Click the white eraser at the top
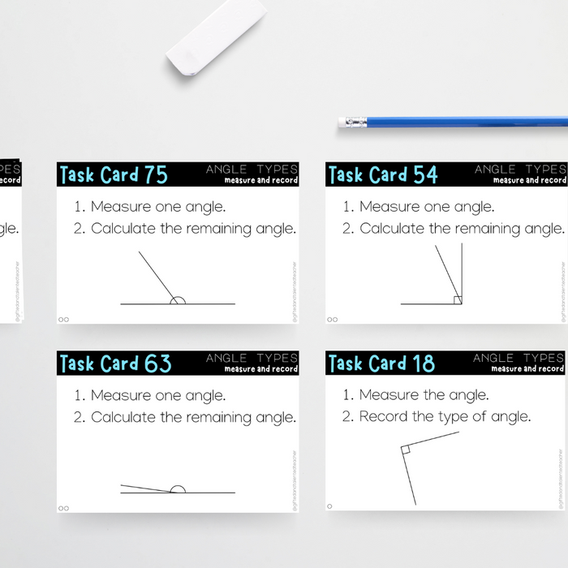216,38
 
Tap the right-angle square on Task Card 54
458,300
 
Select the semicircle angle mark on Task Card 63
178,488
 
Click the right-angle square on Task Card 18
406,448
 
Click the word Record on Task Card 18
383,417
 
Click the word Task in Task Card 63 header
77,364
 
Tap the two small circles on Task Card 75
64,319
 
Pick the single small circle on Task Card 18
329,506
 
